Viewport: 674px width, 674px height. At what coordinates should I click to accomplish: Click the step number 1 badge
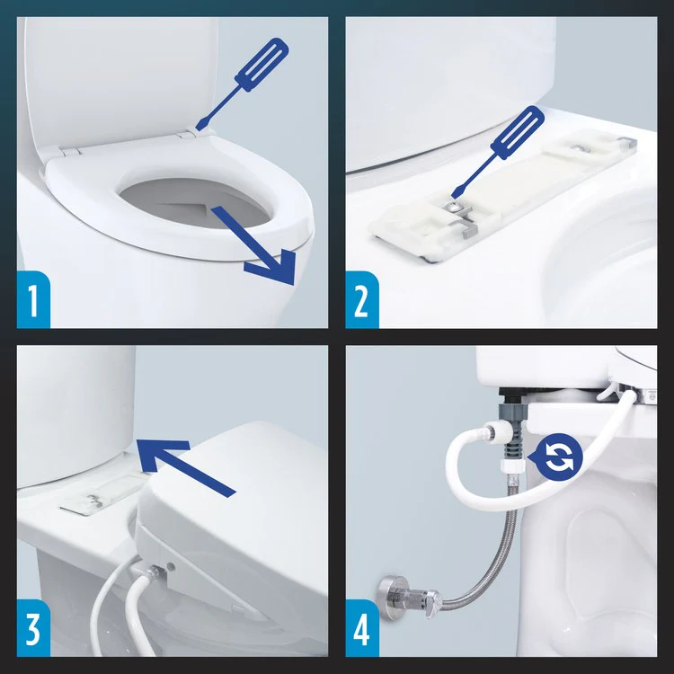(x=33, y=300)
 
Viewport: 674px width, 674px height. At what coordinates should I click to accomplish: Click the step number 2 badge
(x=360, y=300)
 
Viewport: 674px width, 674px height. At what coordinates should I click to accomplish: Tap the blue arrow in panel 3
(x=183, y=463)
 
